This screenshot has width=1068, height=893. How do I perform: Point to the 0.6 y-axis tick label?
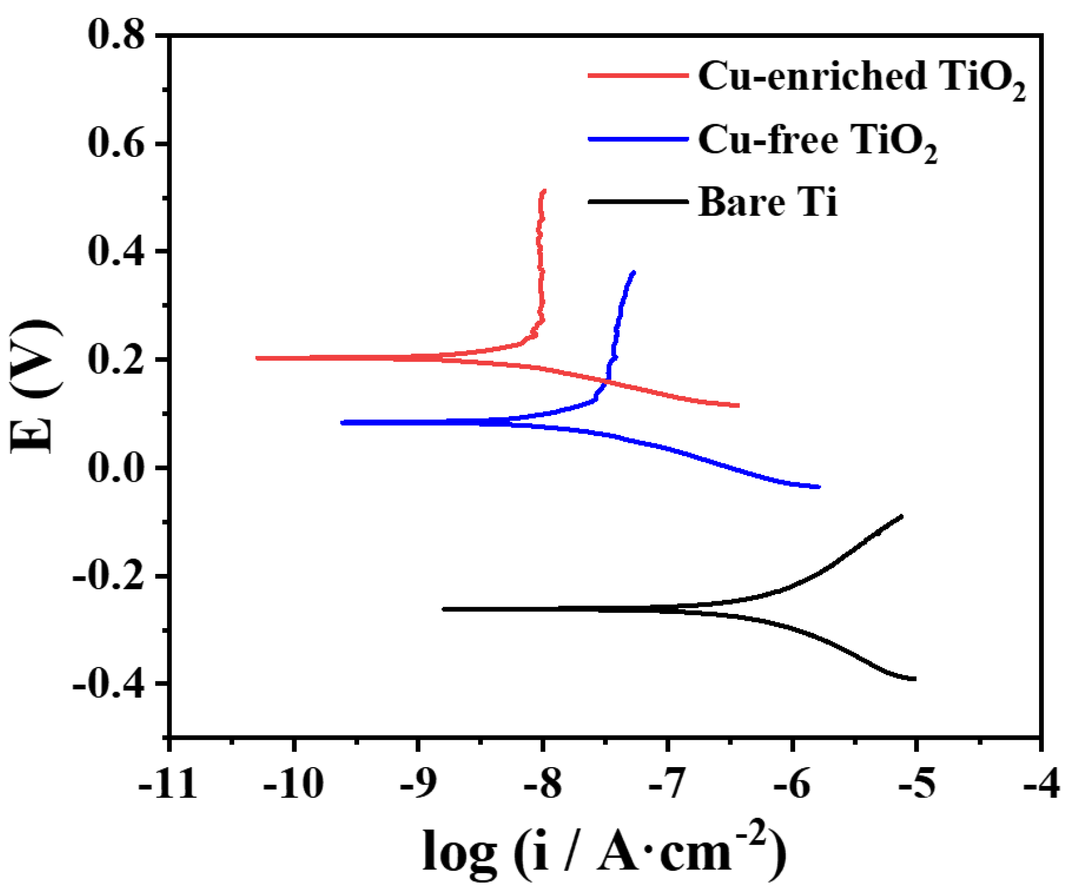[116, 143]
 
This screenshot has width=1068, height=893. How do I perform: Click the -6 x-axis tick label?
[792, 784]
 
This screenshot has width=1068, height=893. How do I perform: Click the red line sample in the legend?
[638, 76]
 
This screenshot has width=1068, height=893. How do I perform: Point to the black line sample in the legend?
[638, 202]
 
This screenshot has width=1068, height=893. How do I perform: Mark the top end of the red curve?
[544, 191]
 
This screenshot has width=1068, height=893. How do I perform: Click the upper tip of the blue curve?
[634, 272]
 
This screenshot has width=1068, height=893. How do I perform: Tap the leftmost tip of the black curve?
[444, 609]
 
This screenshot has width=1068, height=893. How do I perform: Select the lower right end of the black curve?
[915, 679]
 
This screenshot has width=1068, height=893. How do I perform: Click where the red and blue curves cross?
[607, 381]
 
